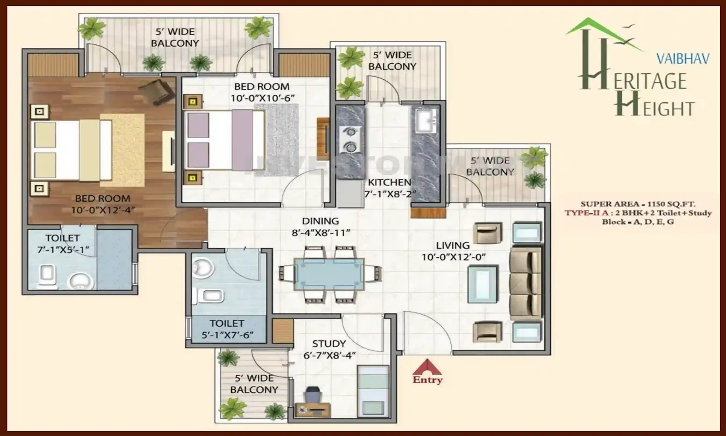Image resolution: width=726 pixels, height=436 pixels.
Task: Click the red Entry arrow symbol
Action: [427, 367]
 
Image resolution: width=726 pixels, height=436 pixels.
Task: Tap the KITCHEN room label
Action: [389, 182]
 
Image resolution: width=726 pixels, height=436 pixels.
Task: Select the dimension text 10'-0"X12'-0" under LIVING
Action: [453, 257]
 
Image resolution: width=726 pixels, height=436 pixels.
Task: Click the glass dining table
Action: [329, 275]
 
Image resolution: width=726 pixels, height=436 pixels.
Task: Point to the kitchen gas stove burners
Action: [350, 140]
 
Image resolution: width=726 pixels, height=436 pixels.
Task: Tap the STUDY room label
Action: [329, 343]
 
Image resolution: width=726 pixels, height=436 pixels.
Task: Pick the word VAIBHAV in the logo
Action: [682, 59]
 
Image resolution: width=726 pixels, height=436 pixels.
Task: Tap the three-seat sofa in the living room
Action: [525, 283]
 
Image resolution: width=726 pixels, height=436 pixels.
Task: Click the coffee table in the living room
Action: [482, 284]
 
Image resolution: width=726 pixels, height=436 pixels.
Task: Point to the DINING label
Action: [321, 221]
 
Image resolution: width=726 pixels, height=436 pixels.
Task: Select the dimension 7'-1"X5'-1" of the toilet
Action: [63, 250]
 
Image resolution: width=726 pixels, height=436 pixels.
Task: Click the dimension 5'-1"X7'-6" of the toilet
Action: [227, 335]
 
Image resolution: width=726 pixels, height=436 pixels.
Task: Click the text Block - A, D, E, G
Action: [638, 222]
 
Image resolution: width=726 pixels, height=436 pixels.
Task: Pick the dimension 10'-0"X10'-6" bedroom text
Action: [262, 98]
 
